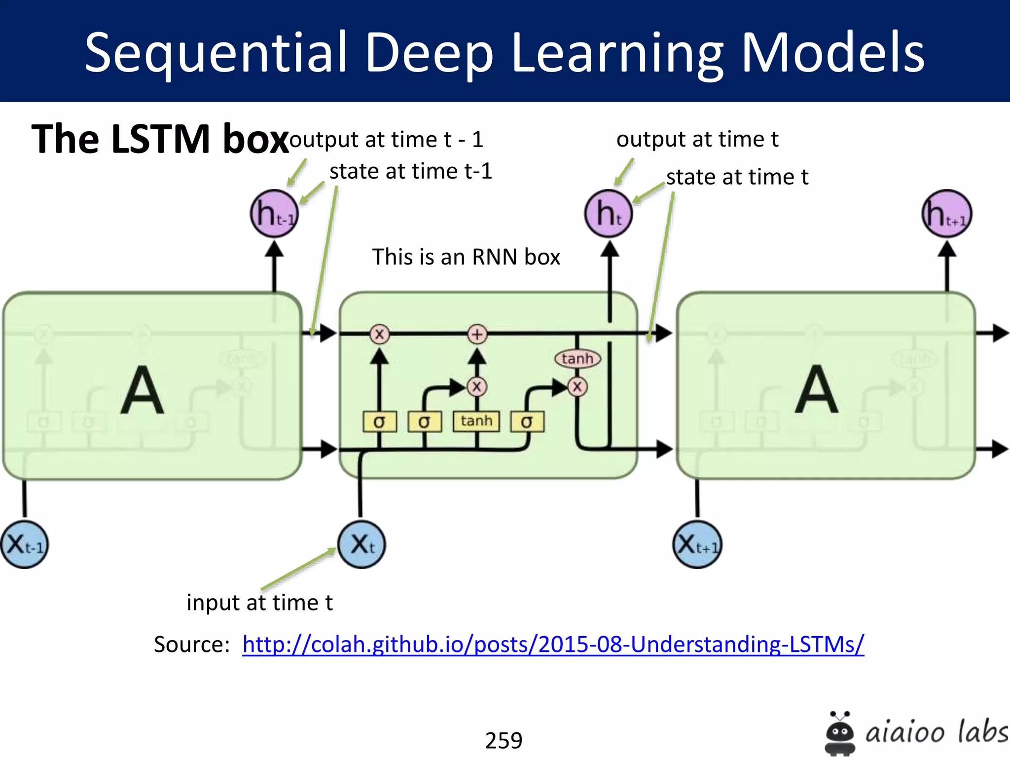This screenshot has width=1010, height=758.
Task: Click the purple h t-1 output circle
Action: click(x=274, y=214)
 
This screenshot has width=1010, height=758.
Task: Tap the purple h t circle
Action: click(x=609, y=214)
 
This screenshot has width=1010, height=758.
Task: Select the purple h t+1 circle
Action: click(x=946, y=214)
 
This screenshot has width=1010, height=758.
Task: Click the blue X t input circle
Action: click(x=361, y=544)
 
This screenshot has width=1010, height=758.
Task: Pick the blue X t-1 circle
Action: click(x=24, y=544)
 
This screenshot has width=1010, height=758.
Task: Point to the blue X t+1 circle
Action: click(x=697, y=544)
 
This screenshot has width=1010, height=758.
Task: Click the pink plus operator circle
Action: click(x=477, y=334)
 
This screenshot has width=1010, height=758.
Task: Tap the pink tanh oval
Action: click(x=577, y=359)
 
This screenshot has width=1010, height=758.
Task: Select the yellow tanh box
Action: click(x=476, y=421)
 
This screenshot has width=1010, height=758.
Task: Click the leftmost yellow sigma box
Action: click(x=379, y=422)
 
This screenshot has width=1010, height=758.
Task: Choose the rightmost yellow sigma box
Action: click(x=527, y=422)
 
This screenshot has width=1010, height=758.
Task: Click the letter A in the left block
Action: click(x=142, y=390)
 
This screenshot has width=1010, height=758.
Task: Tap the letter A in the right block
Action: click(x=816, y=390)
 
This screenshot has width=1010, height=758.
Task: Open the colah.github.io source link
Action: click(x=553, y=644)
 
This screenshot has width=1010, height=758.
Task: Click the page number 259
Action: click(x=504, y=740)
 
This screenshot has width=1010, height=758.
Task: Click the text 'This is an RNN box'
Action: click(x=466, y=257)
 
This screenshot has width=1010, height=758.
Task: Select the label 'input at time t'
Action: click(x=259, y=603)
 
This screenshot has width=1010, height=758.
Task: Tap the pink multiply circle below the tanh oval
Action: click(x=577, y=386)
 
